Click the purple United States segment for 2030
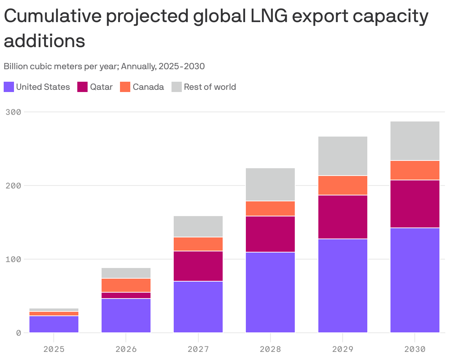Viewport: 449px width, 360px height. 415,280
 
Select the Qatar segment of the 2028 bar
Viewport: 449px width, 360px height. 270,234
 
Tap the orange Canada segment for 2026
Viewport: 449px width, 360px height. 126,285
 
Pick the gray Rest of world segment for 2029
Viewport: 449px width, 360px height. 343,156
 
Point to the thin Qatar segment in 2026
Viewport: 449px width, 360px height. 126,296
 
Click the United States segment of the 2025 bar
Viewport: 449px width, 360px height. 54,324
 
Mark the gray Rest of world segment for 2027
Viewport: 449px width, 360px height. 198,226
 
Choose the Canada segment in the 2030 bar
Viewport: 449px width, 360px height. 415,170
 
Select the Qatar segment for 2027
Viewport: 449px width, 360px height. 198,266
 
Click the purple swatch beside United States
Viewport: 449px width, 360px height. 9,87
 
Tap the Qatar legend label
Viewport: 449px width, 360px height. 101,87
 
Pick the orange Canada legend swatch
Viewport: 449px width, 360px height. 125,87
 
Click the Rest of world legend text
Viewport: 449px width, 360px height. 210,87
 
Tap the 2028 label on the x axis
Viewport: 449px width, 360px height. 270,349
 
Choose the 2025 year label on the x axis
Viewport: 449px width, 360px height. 54,349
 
